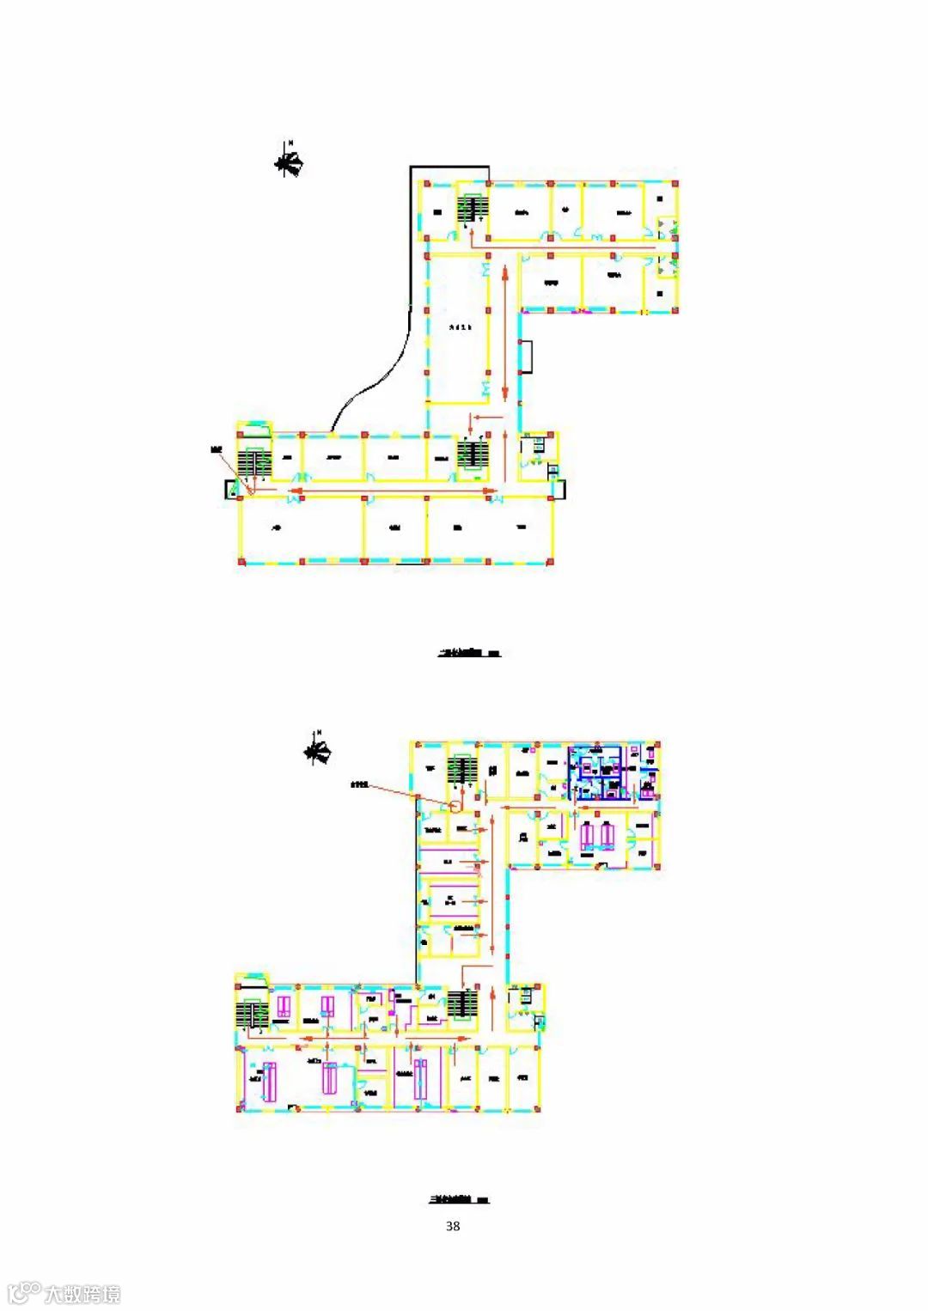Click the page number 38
tap(453, 1226)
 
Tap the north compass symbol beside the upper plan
tap(290, 161)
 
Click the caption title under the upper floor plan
tap(468, 654)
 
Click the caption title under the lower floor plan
tap(459, 1199)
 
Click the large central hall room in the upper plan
tap(459, 327)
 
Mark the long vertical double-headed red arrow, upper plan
tap(504, 332)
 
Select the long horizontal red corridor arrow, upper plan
tap(394, 492)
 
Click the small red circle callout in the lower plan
tap(455, 806)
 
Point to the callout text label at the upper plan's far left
tap(216, 450)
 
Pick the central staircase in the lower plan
tap(462, 1005)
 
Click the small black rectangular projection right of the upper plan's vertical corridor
tap(527, 357)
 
